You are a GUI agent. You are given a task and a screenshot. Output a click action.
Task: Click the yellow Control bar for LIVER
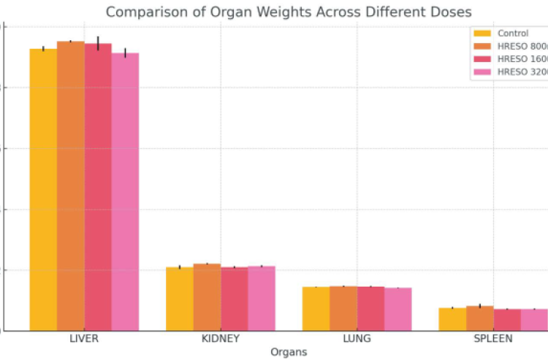(x=43, y=190)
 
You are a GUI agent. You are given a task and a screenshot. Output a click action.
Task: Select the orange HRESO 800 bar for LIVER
(x=71, y=186)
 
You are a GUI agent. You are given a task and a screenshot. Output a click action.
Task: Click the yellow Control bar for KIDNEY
(x=180, y=299)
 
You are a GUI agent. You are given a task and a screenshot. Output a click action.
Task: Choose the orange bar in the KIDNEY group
(x=207, y=297)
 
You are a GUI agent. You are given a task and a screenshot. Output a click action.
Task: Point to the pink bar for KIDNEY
(x=262, y=298)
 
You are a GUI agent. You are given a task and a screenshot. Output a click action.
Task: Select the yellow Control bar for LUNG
(x=316, y=309)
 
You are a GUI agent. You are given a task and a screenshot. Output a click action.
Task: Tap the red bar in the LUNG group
(x=370, y=309)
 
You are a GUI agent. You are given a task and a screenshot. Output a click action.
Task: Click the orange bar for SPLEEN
(x=480, y=318)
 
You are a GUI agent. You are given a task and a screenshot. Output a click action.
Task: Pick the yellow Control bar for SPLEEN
(x=452, y=320)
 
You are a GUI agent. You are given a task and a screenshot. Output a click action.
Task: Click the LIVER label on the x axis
(x=84, y=339)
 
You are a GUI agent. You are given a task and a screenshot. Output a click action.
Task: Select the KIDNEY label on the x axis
(x=221, y=339)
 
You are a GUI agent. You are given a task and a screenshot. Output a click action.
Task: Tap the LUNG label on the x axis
(x=357, y=339)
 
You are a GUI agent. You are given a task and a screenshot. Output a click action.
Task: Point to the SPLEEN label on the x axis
(x=493, y=339)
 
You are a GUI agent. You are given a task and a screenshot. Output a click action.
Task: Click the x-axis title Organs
(x=289, y=352)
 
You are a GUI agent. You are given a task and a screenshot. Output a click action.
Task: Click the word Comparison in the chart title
(x=147, y=12)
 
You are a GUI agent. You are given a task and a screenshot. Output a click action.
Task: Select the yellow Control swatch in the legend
(x=483, y=33)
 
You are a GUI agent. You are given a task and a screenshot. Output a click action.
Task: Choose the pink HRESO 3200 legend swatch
(x=483, y=72)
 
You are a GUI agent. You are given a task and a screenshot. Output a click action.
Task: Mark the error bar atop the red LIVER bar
(x=98, y=42)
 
